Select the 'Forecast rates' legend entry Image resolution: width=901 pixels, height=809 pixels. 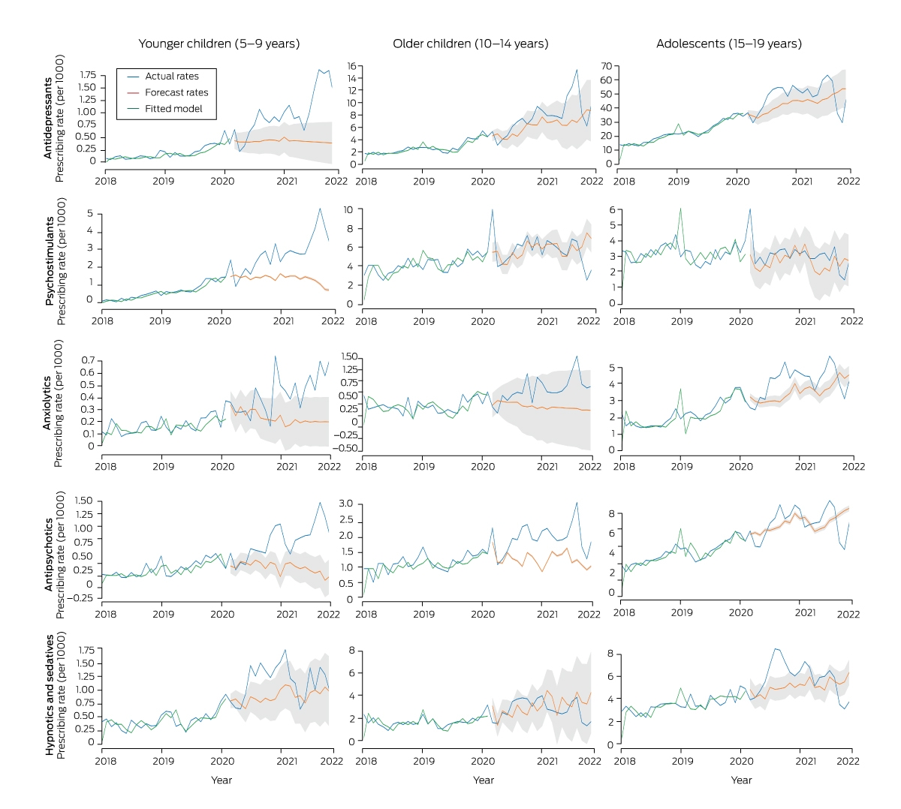point(167,92)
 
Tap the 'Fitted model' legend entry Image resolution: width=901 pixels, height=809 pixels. point(164,109)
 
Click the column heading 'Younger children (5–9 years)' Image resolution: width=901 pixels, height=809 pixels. point(219,44)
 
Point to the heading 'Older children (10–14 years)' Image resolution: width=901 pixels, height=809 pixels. point(471,44)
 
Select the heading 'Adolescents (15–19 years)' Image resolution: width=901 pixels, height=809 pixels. point(729,44)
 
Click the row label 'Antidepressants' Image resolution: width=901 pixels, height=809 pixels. point(47,119)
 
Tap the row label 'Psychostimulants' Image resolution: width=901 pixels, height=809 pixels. point(50,261)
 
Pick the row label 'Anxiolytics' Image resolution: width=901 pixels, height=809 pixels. point(47,404)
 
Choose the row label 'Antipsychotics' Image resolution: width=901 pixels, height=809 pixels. point(49,555)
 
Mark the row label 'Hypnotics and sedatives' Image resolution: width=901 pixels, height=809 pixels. point(50,694)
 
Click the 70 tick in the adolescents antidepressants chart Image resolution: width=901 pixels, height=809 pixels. point(607,66)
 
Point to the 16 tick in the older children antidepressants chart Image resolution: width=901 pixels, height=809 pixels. point(352,66)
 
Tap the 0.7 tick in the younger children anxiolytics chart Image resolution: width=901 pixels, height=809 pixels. point(88,360)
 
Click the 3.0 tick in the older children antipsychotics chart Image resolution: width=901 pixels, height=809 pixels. point(345,504)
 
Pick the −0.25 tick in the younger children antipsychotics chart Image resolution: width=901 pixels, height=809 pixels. point(80,598)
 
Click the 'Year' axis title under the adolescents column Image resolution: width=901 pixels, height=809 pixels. point(741,780)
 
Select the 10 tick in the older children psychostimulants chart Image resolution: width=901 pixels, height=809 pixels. point(348,209)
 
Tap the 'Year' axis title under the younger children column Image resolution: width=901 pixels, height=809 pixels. point(221,780)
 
